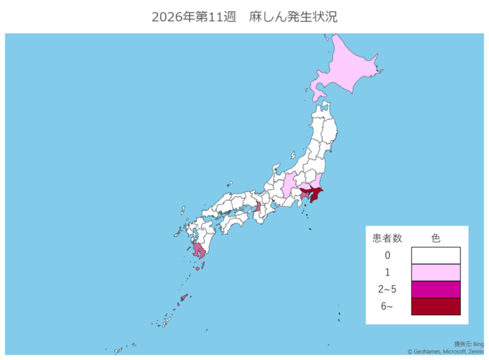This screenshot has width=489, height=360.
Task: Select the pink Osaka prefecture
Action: [258, 207]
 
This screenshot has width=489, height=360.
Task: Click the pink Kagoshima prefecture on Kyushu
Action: [199, 252]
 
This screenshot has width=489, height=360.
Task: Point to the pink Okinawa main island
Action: [184, 298]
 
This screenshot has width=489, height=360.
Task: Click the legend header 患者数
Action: [387, 238]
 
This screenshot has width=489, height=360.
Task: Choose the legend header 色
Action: [435, 238]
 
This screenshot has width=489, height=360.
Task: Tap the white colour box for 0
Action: [435, 256]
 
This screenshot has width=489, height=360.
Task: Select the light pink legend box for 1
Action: [435, 273]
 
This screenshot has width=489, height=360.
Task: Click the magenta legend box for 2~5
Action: [435, 289]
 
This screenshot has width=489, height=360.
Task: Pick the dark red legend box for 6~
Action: [435, 306]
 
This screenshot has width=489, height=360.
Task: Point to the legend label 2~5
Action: [387, 289]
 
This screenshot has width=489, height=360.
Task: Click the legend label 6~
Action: [387, 306]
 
